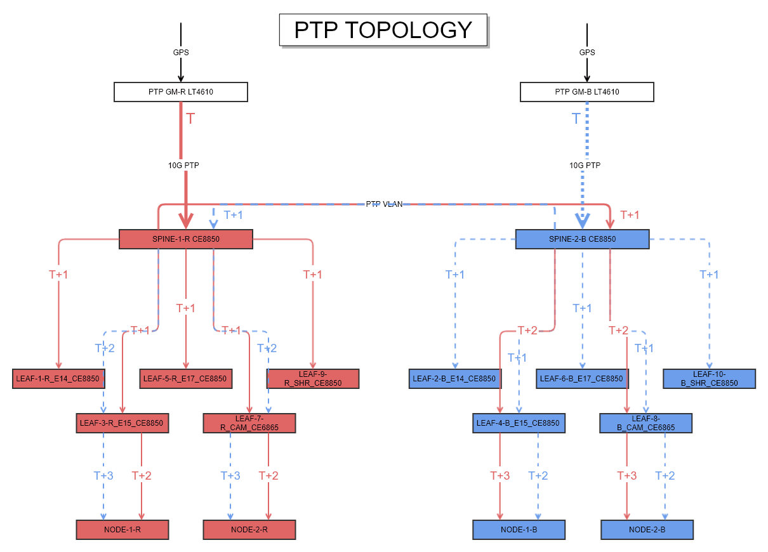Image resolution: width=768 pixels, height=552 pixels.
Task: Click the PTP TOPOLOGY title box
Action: coord(383,30)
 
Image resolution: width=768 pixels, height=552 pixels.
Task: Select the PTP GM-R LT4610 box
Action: coord(180,92)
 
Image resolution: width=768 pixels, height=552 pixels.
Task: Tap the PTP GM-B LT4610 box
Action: coord(586,92)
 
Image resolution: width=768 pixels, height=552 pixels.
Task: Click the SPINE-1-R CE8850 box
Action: coord(186,239)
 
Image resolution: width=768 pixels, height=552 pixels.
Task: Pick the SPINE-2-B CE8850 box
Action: coord(582,239)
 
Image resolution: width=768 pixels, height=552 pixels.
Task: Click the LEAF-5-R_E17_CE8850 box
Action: coord(185,379)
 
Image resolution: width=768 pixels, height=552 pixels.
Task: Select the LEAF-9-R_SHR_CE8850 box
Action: coord(313,379)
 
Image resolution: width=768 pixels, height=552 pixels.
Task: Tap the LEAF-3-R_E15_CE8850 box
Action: coord(122,423)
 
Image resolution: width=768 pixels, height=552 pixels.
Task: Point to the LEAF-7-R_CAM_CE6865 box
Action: coord(249,423)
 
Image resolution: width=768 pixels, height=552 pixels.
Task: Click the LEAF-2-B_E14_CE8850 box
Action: coord(455,379)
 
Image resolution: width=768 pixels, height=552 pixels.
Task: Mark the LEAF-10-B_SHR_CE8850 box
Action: coord(710,379)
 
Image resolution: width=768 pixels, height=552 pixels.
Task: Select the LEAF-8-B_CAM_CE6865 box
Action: coord(646,423)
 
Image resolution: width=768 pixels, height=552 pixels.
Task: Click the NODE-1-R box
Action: coord(122,529)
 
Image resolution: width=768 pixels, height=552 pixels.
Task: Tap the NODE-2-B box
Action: coord(647,529)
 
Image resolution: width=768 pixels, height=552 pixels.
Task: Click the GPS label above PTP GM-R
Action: coord(181,53)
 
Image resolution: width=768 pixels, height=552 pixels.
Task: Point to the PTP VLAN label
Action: coord(384,204)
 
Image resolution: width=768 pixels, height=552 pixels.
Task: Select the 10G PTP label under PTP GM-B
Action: coord(585,165)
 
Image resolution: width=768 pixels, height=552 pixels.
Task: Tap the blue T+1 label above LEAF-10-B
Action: coord(709,274)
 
